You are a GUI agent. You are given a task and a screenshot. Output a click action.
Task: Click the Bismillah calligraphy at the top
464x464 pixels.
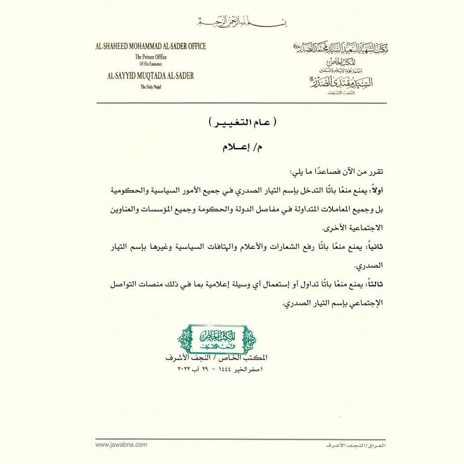pos(231,23)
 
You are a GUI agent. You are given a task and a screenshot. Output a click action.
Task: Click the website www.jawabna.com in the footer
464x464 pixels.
pos(121,444)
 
